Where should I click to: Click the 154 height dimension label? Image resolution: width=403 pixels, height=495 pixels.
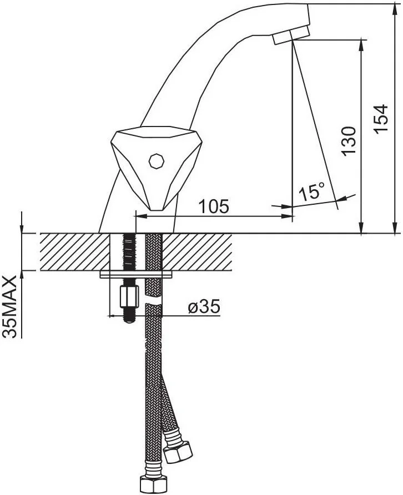point(381,119)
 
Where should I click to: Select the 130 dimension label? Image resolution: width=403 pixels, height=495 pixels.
point(349,141)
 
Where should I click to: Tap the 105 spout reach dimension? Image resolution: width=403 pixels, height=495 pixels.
point(213,206)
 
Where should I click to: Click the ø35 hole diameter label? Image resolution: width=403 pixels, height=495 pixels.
point(204,306)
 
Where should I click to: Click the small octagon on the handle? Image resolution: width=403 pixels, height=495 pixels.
point(157,161)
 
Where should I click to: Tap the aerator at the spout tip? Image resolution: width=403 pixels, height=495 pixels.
point(291,36)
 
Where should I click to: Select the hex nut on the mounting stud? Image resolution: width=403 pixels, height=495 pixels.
point(129,296)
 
